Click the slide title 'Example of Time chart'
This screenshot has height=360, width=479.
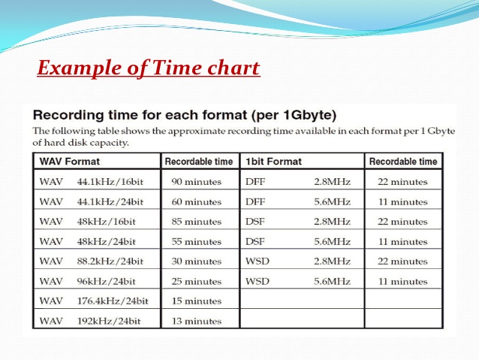click(148, 69)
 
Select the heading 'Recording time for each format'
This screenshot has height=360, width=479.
click(185, 116)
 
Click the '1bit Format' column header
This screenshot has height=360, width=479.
click(273, 162)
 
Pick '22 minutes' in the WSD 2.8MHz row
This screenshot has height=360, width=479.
click(403, 262)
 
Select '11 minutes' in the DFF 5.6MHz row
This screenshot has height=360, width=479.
click(403, 201)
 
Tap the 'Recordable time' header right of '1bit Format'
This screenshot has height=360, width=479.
click(403, 162)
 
